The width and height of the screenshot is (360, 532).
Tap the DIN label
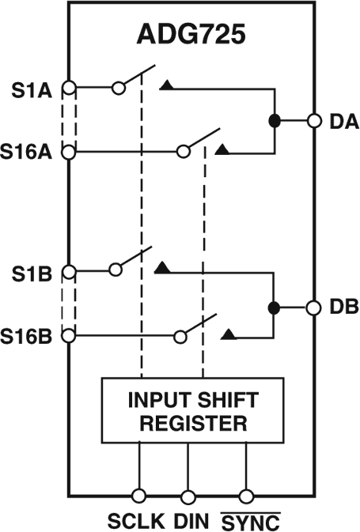(x=188, y=521)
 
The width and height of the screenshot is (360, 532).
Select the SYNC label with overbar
(x=246, y=521)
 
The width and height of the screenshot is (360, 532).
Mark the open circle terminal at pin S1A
(x=69, y=89)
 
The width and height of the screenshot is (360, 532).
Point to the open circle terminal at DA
(x=314, y=121)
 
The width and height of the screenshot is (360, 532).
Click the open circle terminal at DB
(x=314, y=307)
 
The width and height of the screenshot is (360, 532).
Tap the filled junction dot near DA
(x=275, y=121)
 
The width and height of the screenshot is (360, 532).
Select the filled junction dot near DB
(x=275, y=307)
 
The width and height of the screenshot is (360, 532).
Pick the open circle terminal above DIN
(x=188, y=496)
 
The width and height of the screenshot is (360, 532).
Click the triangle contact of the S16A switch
(x=224, y=149)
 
